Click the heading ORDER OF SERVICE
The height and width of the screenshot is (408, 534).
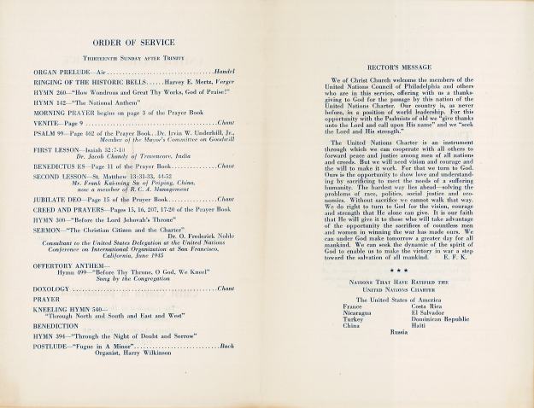coord(138,43)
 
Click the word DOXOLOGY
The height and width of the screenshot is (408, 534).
coord(56,289)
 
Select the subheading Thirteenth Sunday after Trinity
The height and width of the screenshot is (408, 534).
coord(137,57)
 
